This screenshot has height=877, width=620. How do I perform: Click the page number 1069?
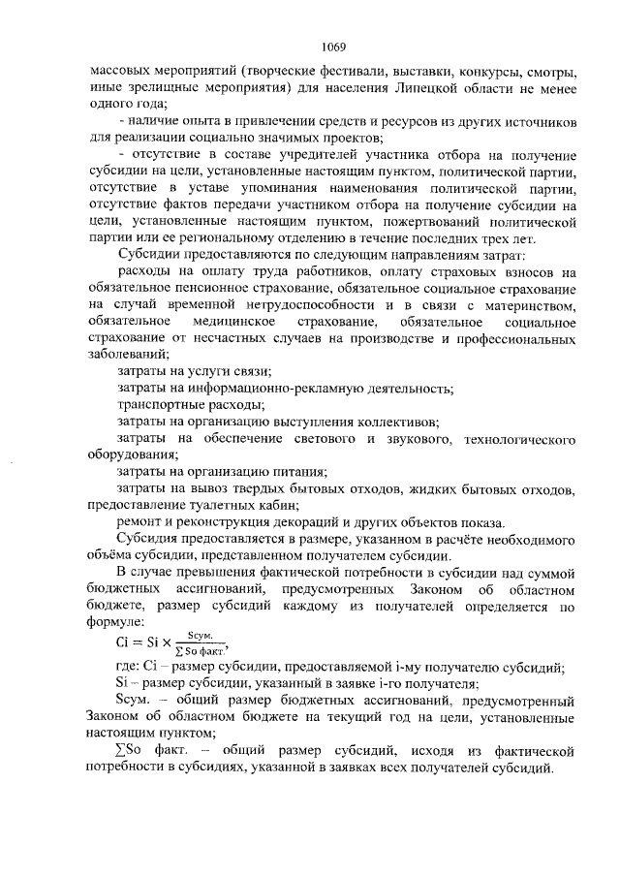[334, 47]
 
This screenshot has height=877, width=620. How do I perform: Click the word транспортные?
[160, 404]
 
